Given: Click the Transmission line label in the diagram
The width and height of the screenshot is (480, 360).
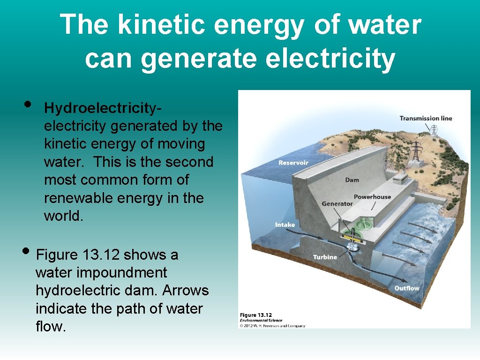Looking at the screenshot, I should click(425, 118).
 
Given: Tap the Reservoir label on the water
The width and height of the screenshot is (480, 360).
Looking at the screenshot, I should click(293, 163).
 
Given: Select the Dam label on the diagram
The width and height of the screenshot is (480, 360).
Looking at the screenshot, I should click(352, 180).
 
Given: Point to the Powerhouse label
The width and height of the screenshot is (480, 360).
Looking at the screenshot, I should click(372, 197).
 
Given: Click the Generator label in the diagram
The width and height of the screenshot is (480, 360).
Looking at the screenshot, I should click(337, 204).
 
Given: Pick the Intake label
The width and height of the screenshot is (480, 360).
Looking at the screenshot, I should click(285, 225).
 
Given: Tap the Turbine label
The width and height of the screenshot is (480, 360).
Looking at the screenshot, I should click(325, 257).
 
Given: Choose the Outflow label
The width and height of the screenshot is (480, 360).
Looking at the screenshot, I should click(406, 288).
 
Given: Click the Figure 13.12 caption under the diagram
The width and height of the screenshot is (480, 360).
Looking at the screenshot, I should click(256, 315).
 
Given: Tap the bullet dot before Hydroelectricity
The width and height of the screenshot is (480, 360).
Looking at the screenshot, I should click(28, 103).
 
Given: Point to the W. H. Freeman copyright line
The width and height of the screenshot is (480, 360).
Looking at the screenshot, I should click(272, 326).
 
